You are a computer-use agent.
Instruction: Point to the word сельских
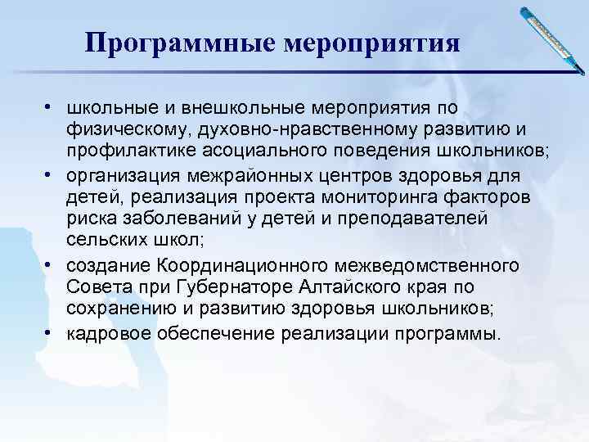click(x=106, y=241)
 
